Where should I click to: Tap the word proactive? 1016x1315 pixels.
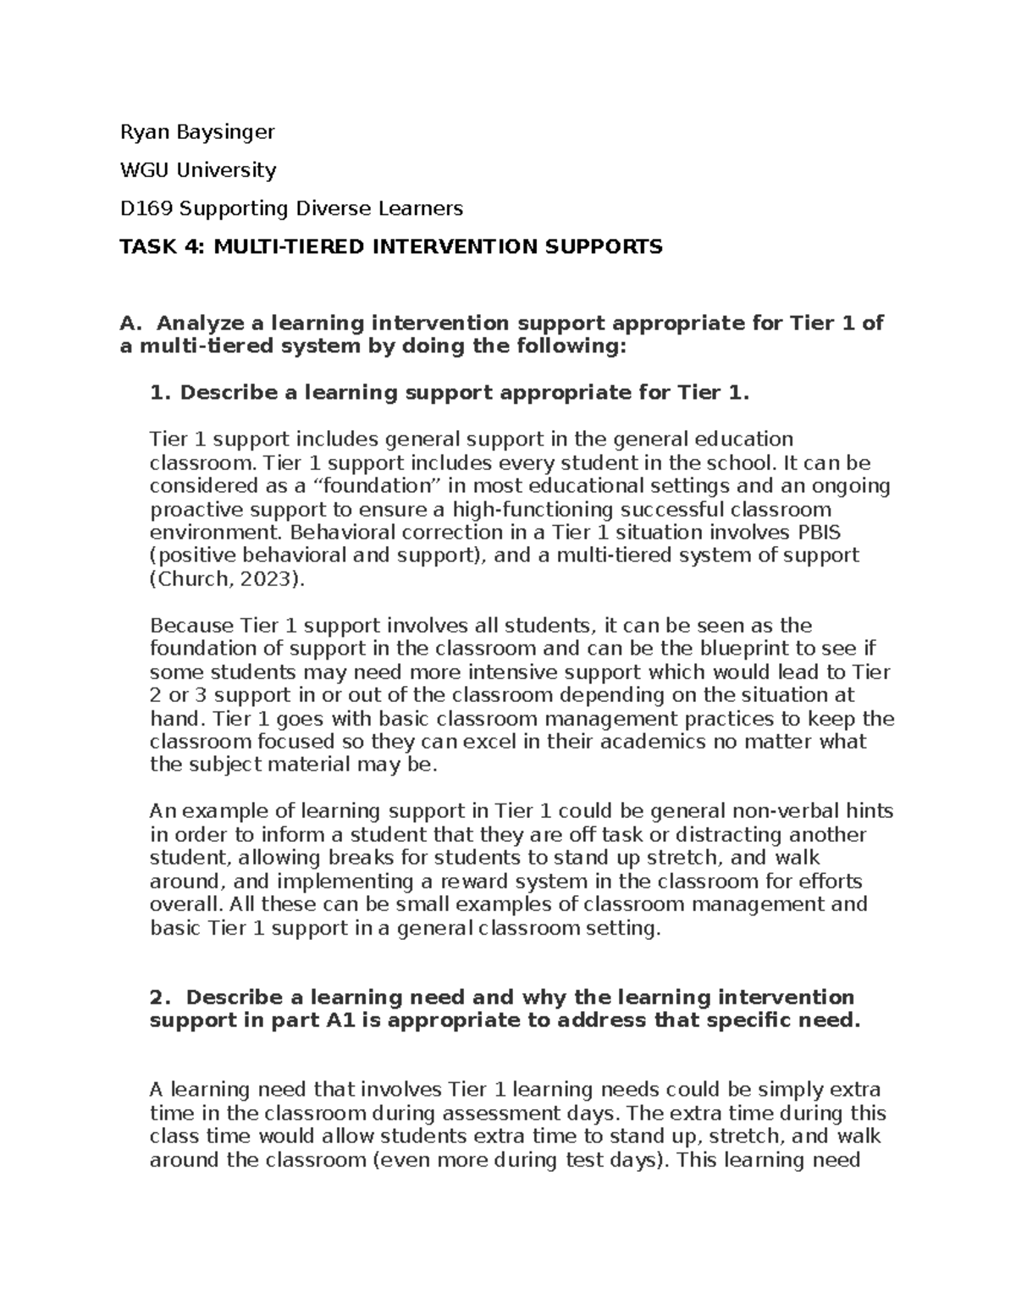coord(189,510)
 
